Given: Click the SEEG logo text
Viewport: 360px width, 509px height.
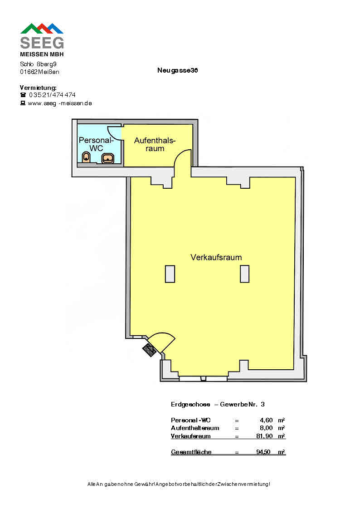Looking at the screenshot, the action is [x=42, y=43].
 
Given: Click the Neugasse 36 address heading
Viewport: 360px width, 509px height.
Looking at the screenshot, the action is [x=177, y=70].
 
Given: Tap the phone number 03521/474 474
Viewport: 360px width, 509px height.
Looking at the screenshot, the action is [x=52, y=95].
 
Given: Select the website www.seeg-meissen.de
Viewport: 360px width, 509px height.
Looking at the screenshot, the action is [x=60, y=103].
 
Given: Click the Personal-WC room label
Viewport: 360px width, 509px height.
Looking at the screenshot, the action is [x=96, y=144].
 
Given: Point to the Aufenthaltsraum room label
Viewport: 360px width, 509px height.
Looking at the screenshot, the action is [x=155, y=144].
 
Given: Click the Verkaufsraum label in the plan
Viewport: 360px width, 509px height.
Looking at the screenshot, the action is [x=216, y=257].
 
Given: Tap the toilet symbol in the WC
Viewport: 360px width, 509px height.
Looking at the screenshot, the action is [x=86, y=157].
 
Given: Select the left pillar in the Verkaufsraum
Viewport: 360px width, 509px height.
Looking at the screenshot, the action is [x=170, y=274].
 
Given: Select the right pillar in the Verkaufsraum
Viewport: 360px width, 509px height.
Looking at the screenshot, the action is [x=244, y=274].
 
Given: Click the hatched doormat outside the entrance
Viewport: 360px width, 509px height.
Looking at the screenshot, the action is [x=149, y=350].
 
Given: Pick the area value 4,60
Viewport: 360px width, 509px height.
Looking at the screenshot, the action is [x=266, y=421].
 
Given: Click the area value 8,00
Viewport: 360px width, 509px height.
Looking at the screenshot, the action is [x=266, y=428].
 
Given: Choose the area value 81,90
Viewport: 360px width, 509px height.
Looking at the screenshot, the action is [x=264, y=436].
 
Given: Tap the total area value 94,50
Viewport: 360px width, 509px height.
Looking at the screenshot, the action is [x=263, y=452].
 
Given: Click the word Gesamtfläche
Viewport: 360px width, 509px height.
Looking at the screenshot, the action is [x=191, y=452].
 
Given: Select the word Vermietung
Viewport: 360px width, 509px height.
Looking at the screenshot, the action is [x=38, y=88].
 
